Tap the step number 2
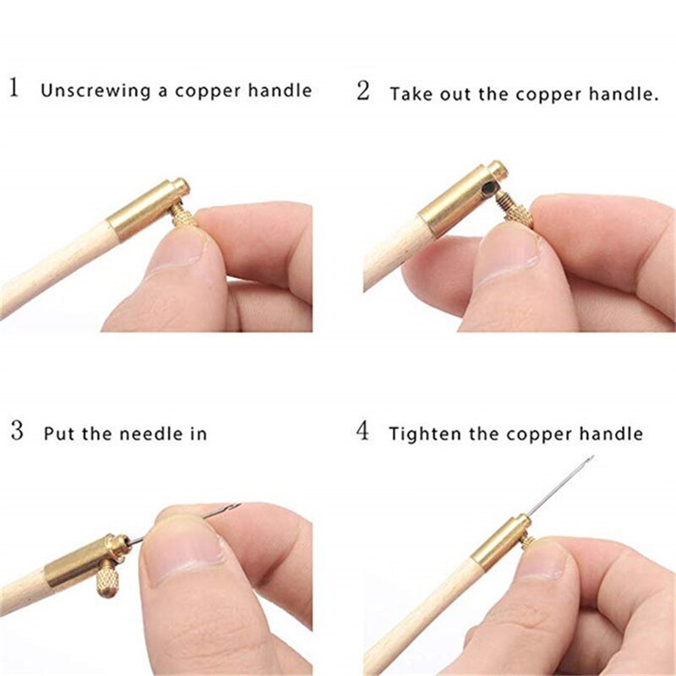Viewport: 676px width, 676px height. click(x=363, y=90)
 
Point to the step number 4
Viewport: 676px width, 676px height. click(x=363, y=432)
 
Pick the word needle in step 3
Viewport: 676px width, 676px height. click(x=138, y=433)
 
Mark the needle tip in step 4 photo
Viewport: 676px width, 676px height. click(x=591, y=457)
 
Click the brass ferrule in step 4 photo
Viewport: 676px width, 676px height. click(x=501, y=541)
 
